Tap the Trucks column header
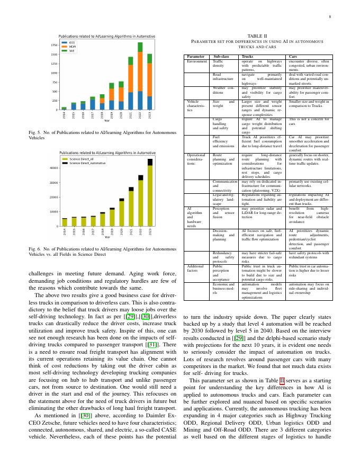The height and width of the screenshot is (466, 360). pyautogui.click(x=247, y=56)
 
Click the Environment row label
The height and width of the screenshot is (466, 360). pyautogui.click(x=197, y=61)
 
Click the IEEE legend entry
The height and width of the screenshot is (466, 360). pyautogui.click(x=72, y=42)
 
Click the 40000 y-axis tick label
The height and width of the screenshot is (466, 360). pyautogui.click(x=53, y=168)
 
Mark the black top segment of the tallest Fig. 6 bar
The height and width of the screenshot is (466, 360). pyautogui.click(x=150, y=162)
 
